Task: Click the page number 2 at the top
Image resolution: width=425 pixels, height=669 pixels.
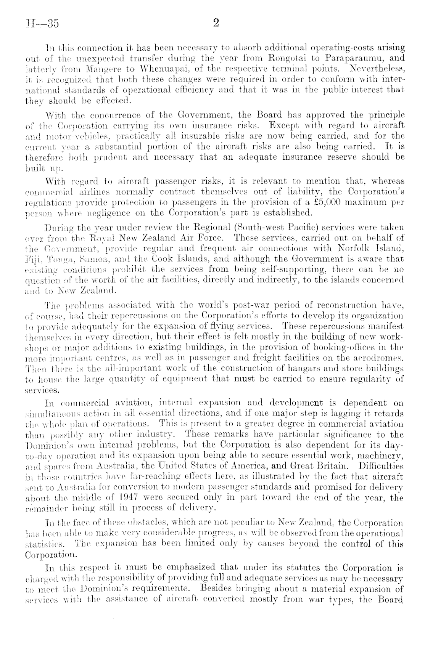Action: click(x=216, y=24)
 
